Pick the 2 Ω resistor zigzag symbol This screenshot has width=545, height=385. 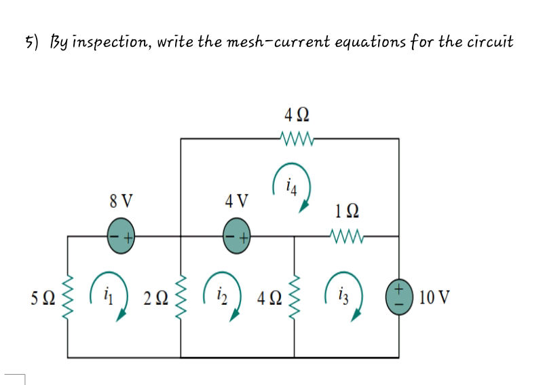point(181,296)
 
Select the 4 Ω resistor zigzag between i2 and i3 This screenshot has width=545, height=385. point(294,296)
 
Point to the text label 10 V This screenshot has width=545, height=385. point(434,297)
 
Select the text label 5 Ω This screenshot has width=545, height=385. point(43,297)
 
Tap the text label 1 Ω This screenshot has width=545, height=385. point(347,210)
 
